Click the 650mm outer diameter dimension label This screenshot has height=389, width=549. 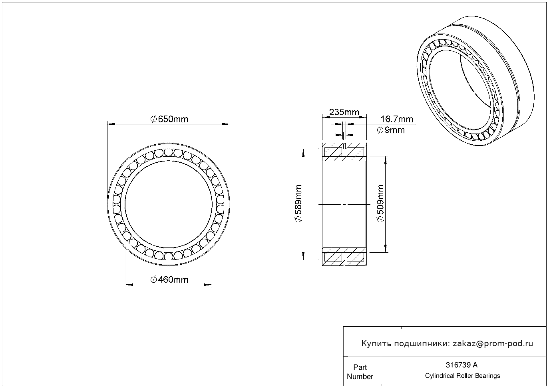tap(169, 119)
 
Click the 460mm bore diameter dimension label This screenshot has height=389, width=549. tap(169, 279)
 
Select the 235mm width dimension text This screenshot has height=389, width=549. tap(344, 112)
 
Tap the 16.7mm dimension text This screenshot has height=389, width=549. tap(396, 119)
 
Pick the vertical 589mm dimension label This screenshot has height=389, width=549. tap(298, 203)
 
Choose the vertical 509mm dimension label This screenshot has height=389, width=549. tap(380, 203)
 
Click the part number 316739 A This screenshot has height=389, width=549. tap(461, 365)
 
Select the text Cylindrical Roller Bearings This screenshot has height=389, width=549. tap(462, 376)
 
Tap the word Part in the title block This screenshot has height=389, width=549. tap(360, 367)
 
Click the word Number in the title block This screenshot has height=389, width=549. tap(360, 376)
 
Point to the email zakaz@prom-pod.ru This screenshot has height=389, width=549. tap(493, 344)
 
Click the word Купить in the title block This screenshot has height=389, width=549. tap(376, 344)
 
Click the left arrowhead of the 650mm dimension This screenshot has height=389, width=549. tap(111, 124)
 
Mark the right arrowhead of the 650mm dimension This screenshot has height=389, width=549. tap(226, 124)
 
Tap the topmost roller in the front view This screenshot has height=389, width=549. tap(168, 152)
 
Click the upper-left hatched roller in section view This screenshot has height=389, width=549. tap(333, 152)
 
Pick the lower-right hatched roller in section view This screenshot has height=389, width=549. tap(355, 257)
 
